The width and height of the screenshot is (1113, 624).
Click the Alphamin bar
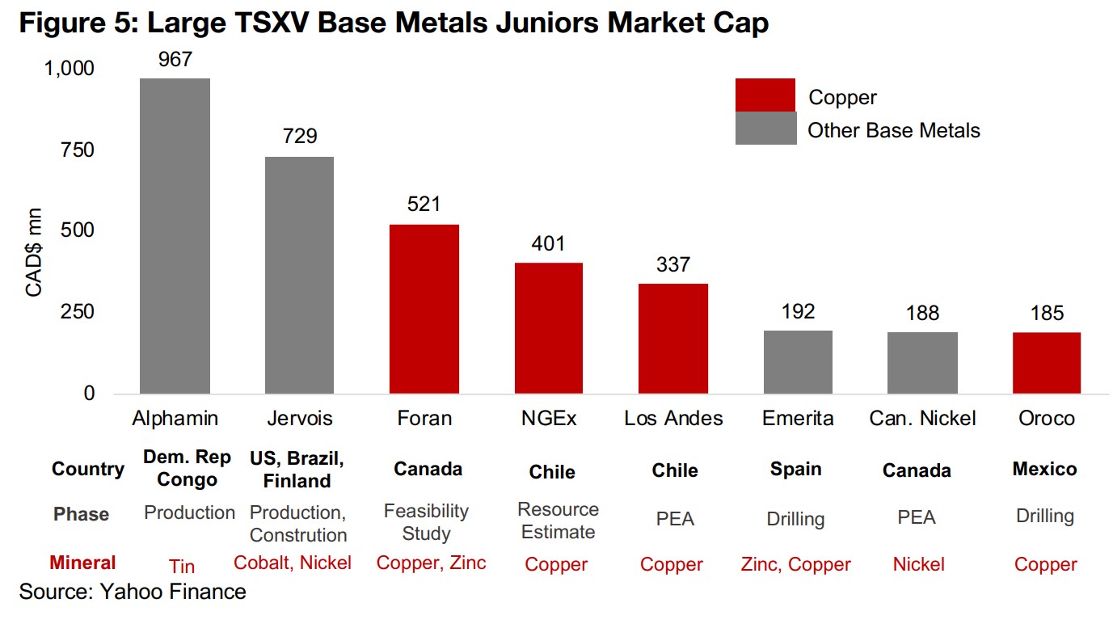point(175,235)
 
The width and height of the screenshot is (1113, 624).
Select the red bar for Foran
point(424,309)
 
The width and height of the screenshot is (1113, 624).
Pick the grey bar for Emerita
point(798,361)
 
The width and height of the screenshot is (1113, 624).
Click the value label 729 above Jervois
point(300,136)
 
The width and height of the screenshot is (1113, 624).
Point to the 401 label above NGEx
point(548,243)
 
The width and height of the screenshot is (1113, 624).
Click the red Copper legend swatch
point(765,95)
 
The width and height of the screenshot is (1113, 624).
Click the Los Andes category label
point(673,418)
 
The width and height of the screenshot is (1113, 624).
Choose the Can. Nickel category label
point(922,418)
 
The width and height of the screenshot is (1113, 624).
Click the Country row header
point(88,469)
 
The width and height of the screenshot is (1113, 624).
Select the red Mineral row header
point(82,563)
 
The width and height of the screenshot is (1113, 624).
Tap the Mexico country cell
point(1044,469)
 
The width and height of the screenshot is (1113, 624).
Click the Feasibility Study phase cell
point(425,522)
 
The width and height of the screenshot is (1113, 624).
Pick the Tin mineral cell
point(182,566)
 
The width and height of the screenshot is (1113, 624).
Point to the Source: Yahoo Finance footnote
point(133,592)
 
